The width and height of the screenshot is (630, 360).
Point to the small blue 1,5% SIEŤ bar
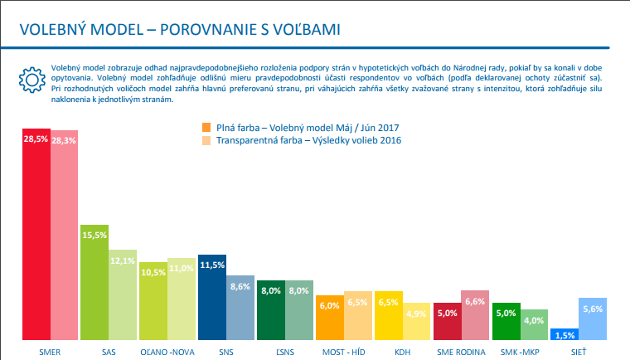(x=564, y=334)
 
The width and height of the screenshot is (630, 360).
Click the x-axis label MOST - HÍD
(x=344, y=352)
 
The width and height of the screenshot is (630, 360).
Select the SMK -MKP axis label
(x=521, y=352)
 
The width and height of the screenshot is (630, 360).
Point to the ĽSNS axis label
(x=284, y=352)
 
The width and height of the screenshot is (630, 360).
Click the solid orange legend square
(x=207, y=127)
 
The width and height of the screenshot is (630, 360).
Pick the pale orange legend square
(x=207, y=141)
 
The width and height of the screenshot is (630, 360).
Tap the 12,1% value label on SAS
(x=123, y=260)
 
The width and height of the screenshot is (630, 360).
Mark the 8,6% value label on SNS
(x=240, y=286)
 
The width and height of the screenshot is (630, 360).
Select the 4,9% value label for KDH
(x=417, y=313)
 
